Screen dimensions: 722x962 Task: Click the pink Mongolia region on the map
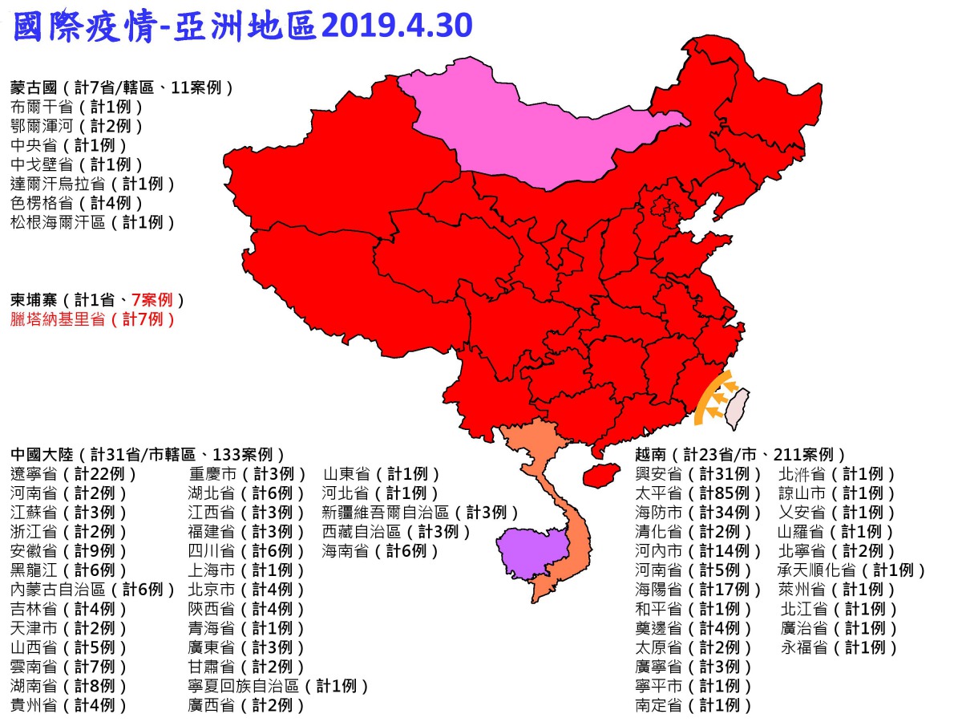(x=545, y=128)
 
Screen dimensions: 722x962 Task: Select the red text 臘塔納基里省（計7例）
(x=93, y=319)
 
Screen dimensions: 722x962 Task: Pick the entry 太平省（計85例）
(x=698, y=493)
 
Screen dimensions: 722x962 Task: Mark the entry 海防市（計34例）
(x=698, y=513)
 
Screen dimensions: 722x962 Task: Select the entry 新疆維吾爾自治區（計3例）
(x=421, y=513)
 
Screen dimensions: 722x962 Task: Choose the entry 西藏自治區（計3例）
(x=397, y=532)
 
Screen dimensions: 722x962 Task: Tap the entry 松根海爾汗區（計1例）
(x=93, y=222)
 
